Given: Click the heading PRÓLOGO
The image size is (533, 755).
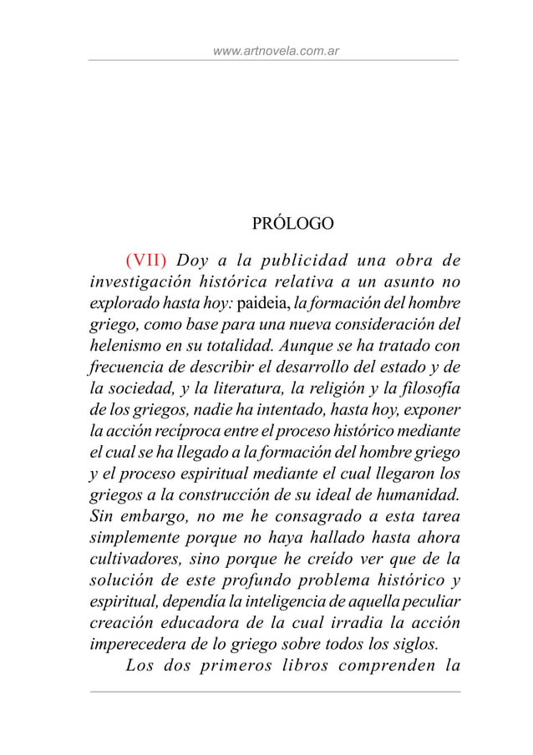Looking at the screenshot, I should click(292, 224).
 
